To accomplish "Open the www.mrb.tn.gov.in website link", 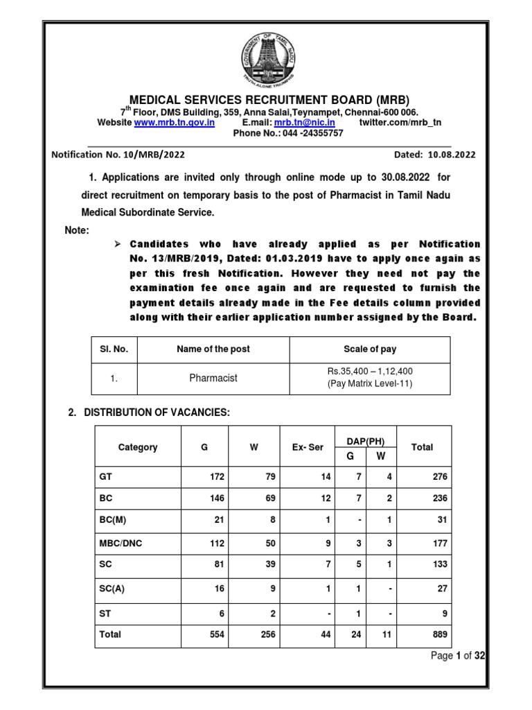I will coord(174,123).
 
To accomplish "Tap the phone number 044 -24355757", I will coord(310,133).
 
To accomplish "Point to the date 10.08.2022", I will coord(451,155).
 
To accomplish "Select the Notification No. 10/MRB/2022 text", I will coord(118,155).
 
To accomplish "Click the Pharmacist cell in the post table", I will coord(213,379).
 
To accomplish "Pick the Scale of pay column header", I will coord(370,349).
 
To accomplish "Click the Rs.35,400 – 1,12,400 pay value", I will coord(370,372).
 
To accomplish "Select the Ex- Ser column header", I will coord(308,447).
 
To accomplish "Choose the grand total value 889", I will coord(439,634).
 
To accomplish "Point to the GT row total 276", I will coord(439,476).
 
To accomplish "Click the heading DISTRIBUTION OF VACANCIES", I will coord(157,413).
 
